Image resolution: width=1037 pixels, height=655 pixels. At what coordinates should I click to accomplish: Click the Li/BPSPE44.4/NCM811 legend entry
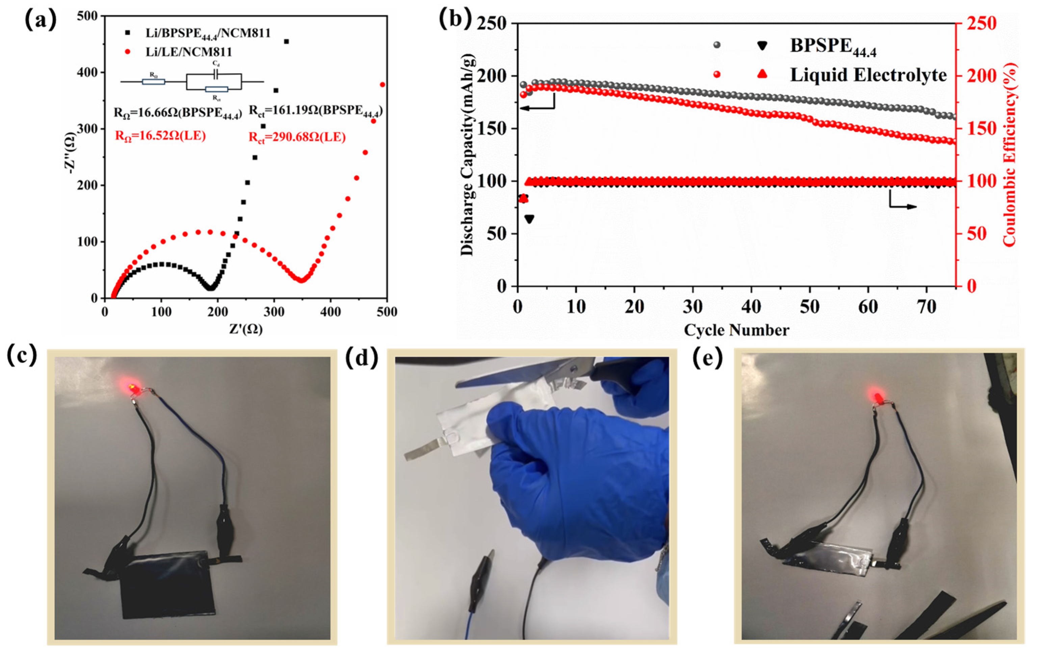208,33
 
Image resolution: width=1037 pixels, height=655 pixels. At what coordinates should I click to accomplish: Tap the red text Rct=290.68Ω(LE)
297,137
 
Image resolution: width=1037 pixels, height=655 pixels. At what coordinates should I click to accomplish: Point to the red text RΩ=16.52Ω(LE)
160,136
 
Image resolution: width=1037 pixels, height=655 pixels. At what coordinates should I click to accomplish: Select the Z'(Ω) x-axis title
246,329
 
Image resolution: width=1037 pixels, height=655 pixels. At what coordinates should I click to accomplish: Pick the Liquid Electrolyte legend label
868,75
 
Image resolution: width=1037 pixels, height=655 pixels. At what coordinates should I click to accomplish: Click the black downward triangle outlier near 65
529,219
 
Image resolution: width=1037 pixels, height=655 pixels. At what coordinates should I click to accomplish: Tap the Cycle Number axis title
736,330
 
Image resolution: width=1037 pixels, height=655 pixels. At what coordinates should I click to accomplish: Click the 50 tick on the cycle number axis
810,307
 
